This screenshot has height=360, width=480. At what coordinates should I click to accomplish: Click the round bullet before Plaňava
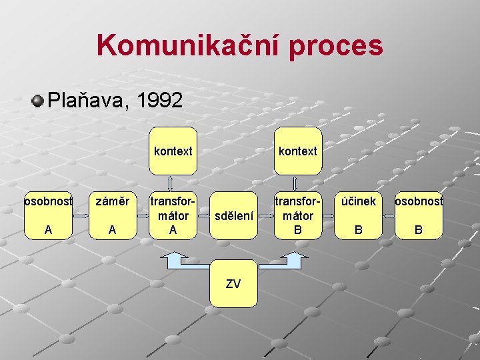38,101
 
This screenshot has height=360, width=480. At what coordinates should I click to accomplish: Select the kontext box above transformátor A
173,151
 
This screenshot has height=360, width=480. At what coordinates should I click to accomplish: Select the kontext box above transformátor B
297,151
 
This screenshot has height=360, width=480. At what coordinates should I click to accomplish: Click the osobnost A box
48,215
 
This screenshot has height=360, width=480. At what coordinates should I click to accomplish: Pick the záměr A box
112,215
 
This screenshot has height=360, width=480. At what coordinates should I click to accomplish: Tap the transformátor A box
173,215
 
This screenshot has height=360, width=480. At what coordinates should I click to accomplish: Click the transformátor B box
297,215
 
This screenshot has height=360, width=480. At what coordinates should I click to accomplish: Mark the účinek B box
359,215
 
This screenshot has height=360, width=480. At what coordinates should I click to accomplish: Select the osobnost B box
419,215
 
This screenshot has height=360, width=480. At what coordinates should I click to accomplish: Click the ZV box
233,283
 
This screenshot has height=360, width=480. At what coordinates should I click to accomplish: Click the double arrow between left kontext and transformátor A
171,183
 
